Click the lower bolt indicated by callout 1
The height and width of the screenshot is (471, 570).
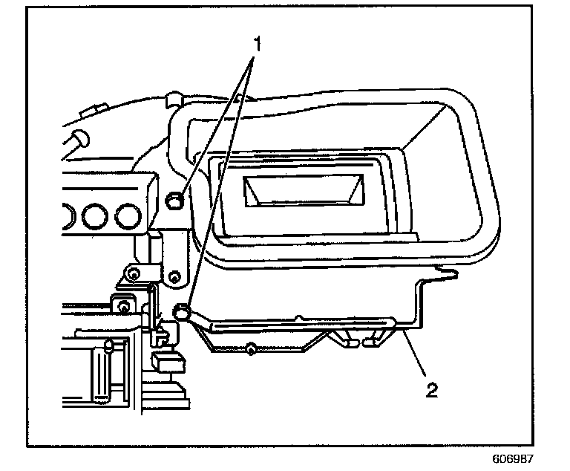(x=180, y=311)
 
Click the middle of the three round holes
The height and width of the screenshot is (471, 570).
(x=95, y=215)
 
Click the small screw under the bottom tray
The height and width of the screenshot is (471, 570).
(x=252, y=348)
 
